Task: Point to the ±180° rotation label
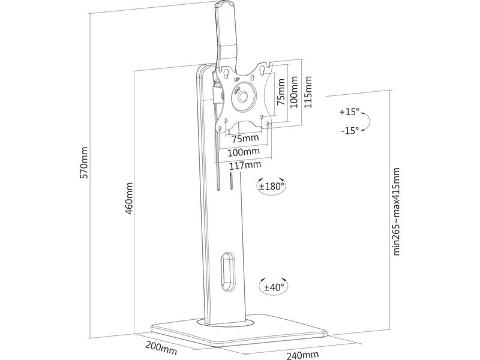coord(271,187)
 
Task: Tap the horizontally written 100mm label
coord(243,151)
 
